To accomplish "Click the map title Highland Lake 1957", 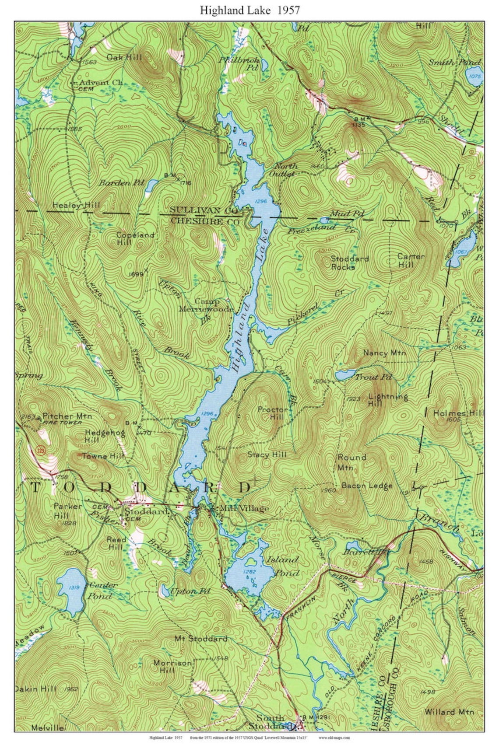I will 249,10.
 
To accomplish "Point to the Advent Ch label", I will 100,82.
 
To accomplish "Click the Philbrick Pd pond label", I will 239,63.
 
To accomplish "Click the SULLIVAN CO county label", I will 204,210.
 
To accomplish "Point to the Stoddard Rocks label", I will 350,262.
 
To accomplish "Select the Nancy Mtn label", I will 384,353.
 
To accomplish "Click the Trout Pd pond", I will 345,375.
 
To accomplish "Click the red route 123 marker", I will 41,450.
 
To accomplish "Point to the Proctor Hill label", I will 273,413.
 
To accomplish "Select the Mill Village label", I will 244,508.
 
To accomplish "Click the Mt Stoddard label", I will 201,639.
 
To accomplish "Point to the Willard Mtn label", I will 449,712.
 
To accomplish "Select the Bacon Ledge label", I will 367,486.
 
